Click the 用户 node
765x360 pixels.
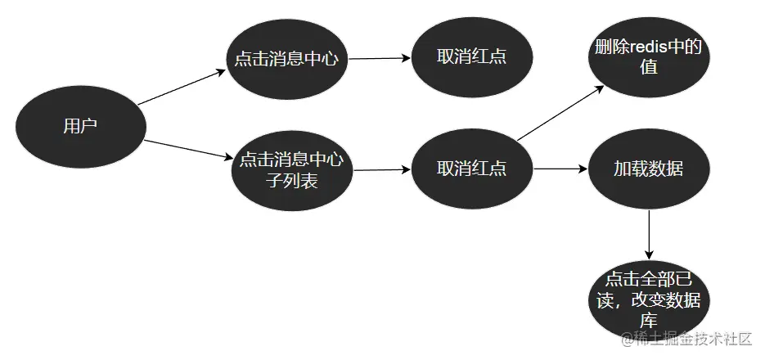80,125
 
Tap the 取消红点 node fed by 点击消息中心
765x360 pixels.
472,59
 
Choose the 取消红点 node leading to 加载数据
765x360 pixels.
472,169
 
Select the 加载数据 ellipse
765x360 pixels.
648,169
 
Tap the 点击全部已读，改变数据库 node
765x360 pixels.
648,299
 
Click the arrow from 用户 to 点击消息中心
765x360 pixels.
181,87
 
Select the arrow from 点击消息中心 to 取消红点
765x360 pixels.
378,58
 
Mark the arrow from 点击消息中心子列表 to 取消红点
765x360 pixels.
380,170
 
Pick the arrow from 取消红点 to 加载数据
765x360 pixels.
560,169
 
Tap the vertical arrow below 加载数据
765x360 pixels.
648,233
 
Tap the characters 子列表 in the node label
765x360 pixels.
292,180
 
